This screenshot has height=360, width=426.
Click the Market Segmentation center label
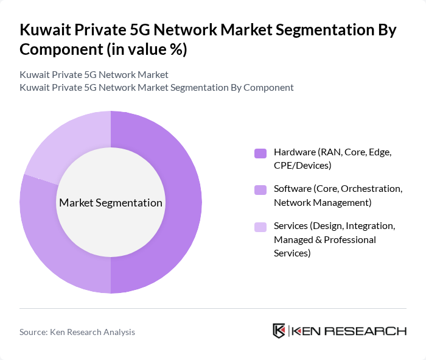tap(110, 203)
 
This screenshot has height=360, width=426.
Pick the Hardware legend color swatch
tap(260, 153)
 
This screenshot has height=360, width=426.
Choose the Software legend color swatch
tap(260, 190)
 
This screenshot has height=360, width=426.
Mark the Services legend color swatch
tap(260, 227)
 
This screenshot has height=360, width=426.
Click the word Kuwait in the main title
tap(45, 29)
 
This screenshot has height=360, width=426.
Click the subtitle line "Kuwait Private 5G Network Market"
tap(94, 74)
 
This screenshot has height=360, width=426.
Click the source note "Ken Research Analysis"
tap(93, 332)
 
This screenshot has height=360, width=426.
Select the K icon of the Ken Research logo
tap(279, 331)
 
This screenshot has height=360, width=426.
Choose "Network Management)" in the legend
tap(323, 202)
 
